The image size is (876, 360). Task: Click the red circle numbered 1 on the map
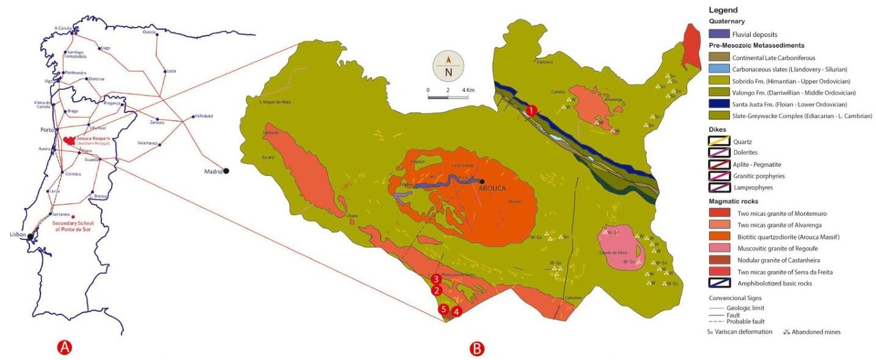pos(531,111)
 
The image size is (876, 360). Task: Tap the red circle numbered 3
pos(436,279)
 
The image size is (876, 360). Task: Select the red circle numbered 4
pos(456,311)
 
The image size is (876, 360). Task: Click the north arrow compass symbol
pos(448,68)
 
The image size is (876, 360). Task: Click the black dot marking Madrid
pos(227,172)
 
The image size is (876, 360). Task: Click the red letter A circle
pos(65,348)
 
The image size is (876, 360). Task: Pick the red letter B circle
pos(476,349)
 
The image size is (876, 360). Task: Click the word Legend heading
pos(723,10)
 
